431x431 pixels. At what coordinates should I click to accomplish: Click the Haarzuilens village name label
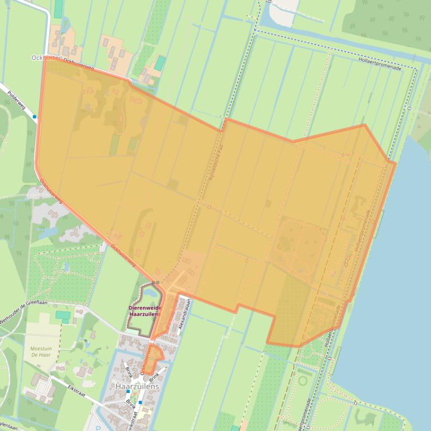pyautogui.click(x=137, y=387)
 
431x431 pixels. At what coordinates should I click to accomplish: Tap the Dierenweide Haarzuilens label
pyautogui.click(x=145, y=311)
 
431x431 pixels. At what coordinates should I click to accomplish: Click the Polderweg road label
pyautogui.click(x=17, y=99)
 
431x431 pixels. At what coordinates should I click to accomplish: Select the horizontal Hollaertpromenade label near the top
pyautogui.click(x=381, y=59)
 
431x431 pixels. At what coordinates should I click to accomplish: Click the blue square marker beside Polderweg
pyautogui.click(x=35, y=117)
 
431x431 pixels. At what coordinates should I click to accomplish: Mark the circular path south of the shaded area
pyautogui.click(x=303, y=381)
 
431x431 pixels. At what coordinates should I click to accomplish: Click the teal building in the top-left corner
pyautogui.click(x=58, y=8)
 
